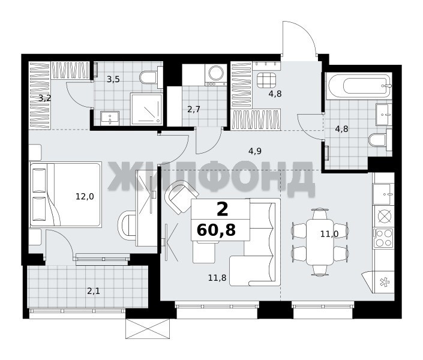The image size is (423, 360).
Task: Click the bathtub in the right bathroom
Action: coord(358,86)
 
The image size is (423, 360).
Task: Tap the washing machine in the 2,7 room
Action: coord(216,74)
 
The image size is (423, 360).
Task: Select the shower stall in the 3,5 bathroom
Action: coord(146,109)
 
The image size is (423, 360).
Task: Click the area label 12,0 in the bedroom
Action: coord(85,196)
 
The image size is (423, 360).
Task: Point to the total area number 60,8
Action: coord(217,230)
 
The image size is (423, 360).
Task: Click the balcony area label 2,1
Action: coord(94,291)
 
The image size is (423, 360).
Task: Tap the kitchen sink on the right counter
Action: coord(383,194)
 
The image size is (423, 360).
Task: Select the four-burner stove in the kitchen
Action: coord(383,238)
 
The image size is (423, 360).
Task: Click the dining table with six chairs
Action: coord(320,242)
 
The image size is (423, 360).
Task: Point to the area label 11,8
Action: coord(217,277)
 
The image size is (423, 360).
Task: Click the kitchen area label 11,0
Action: coord(329,234)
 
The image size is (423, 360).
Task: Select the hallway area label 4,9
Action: coord(255,151)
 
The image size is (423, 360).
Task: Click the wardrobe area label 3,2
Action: coord(45,98)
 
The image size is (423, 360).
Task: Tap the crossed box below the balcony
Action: coord(148,328)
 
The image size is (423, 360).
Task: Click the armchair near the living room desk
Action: coord(182,196)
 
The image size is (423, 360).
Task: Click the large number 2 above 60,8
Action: coord(223,209)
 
